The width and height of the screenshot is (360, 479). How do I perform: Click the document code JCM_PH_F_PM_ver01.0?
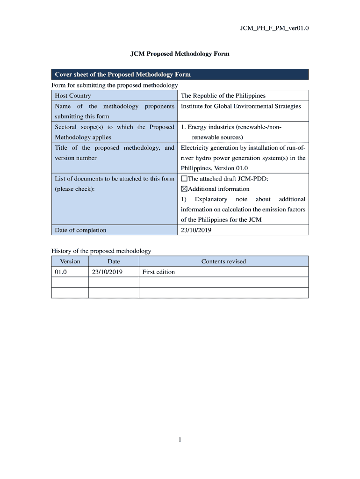[274, 28]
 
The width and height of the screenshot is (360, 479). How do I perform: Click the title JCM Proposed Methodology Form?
[180, 54]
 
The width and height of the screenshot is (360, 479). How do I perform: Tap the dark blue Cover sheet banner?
[180, 74]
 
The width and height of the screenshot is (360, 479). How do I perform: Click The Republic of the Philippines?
[223, 95]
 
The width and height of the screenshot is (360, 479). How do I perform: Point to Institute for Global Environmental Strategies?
[241, 106]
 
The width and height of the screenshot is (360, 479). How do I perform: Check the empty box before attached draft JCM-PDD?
[184, 179]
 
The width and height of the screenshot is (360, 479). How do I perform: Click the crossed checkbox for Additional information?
[184, 189]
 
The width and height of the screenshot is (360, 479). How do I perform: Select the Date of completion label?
[80, 230]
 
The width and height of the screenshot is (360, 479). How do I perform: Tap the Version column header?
[70, 261]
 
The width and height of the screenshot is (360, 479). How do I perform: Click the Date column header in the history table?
[114, 261]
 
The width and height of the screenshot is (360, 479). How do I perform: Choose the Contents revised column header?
[223, 261]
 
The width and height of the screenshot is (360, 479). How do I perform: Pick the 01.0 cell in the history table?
[61, 272]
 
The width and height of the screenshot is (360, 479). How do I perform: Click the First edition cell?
[158, 272]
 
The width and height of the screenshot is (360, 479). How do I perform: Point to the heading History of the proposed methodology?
[101, 251]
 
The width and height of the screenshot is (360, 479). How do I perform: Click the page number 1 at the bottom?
[180, 439]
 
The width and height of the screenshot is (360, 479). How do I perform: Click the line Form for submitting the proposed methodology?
[115, 85]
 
